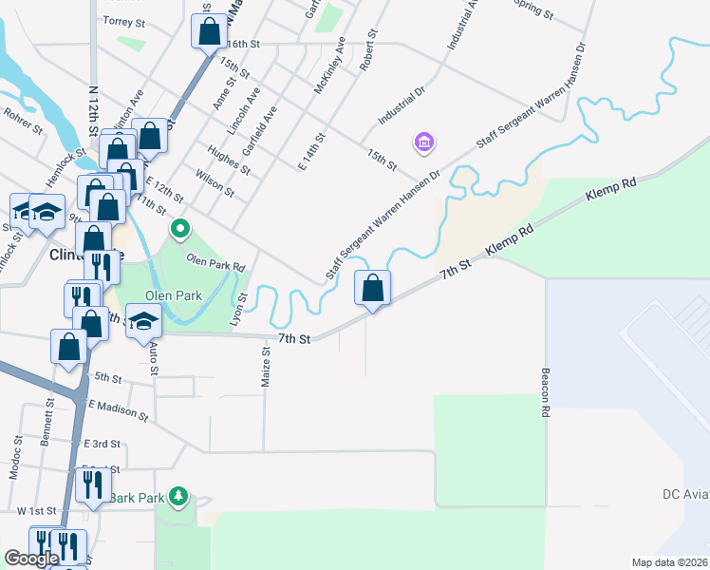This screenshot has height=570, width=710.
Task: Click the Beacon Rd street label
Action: click(x=546, y=393)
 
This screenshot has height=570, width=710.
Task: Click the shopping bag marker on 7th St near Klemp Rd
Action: click(x=373, y=288)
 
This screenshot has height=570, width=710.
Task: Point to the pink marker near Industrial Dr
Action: click(x=423, y=143)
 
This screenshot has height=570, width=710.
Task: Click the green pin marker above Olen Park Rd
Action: click(x=179, y=229)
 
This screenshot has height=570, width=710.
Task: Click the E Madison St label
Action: click(x=119, y=410)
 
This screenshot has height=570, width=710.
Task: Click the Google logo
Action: click(x=31, y=559)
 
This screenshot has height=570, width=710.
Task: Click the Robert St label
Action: click(x=367, y=49)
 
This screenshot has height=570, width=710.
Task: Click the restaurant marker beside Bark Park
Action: click(x=92, y=484)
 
